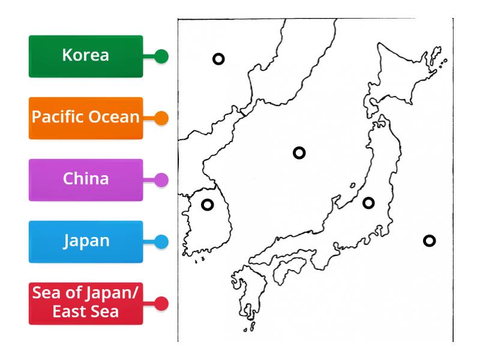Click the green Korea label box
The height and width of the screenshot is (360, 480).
86,56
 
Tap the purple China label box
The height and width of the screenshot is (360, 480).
86,179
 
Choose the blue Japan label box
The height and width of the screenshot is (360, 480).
86,241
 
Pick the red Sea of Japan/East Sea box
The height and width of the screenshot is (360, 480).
86,303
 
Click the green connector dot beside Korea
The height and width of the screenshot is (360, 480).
161,56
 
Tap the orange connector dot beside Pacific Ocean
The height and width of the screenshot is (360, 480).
161,118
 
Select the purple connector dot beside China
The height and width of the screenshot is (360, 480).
161,179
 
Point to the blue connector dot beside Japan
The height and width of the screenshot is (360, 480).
161,242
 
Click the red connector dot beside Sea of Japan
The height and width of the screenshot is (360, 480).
161,304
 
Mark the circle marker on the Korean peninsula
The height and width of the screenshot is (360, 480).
207,205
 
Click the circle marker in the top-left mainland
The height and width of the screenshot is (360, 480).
219,59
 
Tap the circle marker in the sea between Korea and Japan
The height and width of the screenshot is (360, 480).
299,152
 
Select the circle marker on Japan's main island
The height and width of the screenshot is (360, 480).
368,203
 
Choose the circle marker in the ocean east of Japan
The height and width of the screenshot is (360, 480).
429,241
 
